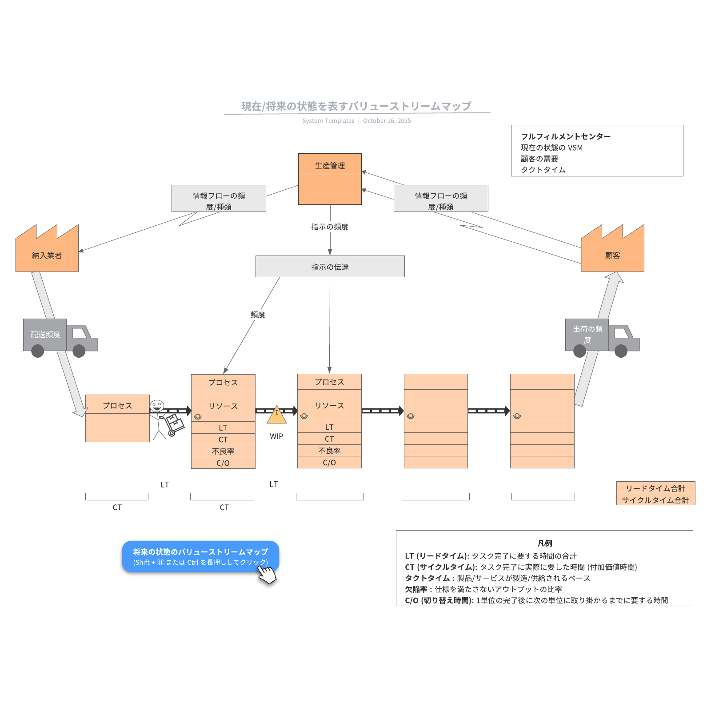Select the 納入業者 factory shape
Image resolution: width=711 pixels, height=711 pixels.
[47, 253]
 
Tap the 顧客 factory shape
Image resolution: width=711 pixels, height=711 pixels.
[612, 253]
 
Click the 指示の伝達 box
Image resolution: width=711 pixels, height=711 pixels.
[330, 267]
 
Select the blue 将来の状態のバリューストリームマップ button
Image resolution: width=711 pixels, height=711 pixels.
[200, 556]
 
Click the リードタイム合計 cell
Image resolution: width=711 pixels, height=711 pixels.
[655, 488]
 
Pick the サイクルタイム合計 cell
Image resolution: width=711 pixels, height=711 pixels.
[655, 500]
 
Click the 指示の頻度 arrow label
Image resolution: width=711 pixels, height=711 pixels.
[330, 227]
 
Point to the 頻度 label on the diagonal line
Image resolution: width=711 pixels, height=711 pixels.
[258, 315]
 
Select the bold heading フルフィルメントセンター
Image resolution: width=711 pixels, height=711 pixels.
[566, 136]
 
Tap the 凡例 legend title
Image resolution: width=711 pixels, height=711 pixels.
[544, 543]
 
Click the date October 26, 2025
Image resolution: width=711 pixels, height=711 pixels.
[387, 121]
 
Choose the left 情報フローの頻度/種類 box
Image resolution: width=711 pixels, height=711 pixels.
[219, 199]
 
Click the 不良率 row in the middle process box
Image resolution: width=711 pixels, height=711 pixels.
[329, 451]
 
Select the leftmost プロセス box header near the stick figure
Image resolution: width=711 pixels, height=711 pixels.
[117, 405]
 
